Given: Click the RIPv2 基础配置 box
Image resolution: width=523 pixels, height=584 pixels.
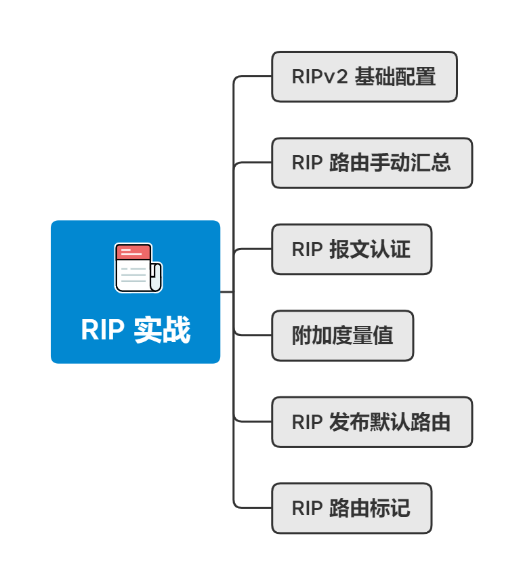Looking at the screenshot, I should [x=364, y=77].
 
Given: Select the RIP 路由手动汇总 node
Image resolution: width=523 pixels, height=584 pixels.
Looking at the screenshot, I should [x=372, y=163].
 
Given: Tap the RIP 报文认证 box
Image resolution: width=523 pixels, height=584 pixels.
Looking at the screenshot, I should [x=352, y=249].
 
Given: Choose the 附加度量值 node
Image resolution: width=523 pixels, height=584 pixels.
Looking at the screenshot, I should [x=342, y=335].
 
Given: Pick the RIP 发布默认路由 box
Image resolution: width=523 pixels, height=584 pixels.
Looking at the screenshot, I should [x=372, y=422].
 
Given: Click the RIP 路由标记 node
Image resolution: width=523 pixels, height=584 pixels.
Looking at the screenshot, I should [x=352, y=508].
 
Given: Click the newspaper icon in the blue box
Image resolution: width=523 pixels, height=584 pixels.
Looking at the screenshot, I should [x=138, y=268].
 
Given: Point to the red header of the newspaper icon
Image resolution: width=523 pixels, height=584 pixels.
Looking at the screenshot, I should [x=133, y=253].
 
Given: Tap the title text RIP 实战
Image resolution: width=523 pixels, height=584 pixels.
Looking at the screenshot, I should [x=135, y=330].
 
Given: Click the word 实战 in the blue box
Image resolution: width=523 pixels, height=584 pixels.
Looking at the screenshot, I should [x=162, y=330].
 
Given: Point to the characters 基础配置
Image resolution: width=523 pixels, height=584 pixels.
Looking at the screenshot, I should [x=395, y=77].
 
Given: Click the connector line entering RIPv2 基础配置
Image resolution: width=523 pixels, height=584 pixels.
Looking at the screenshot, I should [x=254, y=77].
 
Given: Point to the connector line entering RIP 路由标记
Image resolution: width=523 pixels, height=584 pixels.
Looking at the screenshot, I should [x=254, y=507].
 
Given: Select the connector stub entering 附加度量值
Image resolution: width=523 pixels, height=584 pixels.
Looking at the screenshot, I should [x=254, y=335].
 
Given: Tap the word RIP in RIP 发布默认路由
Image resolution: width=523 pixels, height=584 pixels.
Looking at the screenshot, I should [x=307, y=422].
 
